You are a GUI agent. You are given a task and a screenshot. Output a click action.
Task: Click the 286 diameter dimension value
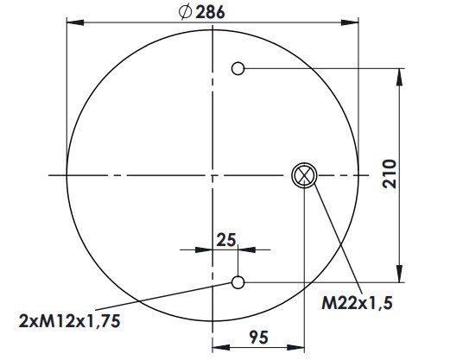coord(210,13)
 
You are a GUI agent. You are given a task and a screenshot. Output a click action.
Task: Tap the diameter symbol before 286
coord(185,12)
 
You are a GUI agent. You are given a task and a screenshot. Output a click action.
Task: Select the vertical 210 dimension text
coord(390,174)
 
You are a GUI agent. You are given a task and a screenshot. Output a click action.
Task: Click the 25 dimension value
coord(226,240)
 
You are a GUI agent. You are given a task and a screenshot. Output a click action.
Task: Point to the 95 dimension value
coord(259,338)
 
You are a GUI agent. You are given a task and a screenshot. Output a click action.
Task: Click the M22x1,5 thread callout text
coord(357,303)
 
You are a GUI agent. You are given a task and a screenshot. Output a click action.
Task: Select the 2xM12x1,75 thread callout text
coord(69,321)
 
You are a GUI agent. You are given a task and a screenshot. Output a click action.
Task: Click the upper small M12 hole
coord(238,68)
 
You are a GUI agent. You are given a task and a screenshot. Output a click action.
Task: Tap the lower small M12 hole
coord(238,282)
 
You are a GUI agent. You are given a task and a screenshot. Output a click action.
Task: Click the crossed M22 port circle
coord(304,175)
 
